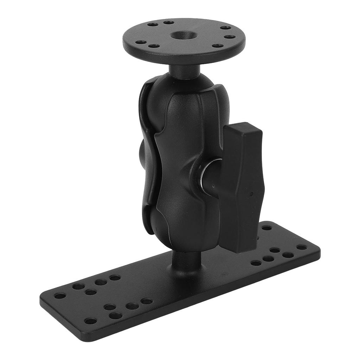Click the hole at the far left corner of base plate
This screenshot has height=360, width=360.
60,295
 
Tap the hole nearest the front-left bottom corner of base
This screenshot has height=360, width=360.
90,321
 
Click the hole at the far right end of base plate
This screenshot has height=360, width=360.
301,247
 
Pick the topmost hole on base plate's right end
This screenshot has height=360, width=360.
266,228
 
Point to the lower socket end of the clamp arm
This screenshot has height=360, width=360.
183,232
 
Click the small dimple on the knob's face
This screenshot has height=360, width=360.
252,194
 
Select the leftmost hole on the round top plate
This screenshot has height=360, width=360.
141,42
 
